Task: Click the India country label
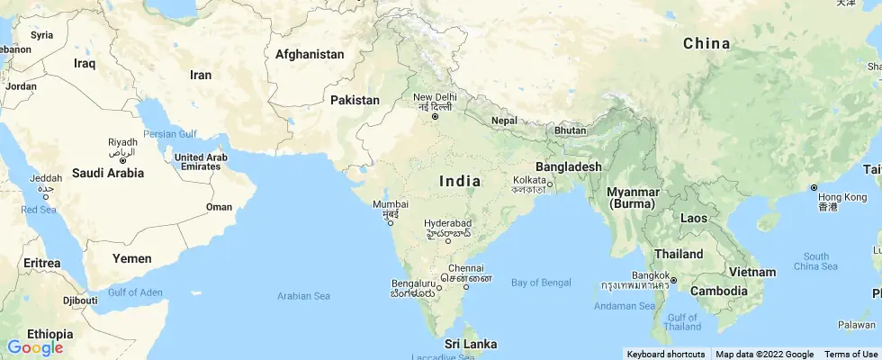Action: [x=460, y=181]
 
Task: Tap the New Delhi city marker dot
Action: [x=435, y=116]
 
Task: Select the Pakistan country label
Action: [x=355, y=100]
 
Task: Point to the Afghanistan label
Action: [x=310, y=54]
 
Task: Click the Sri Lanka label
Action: [x=471, y=344]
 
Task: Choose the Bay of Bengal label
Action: [x=541, y=283]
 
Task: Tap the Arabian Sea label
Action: [x=303, y=295]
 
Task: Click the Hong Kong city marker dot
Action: [x=814, y=188]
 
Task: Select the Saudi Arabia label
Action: [x=108, y=172]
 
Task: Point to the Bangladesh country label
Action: [x=568, y=166]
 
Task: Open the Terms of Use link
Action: [x=850, y=354]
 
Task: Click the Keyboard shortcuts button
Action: [x=666, y=354]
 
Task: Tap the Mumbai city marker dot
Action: [x=391, y=224]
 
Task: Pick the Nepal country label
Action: [x=505, y=121]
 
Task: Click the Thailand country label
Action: [x=679, y=254]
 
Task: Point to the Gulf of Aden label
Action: [x=135, y=292]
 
